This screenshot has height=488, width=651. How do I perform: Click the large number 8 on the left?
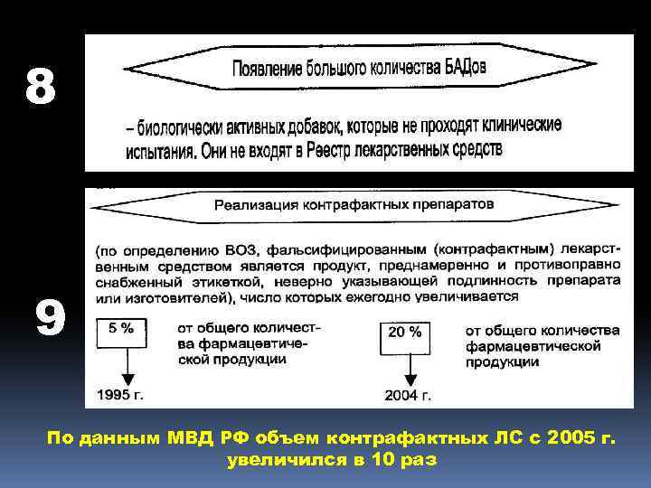pyautogui.click(x=41, y=88)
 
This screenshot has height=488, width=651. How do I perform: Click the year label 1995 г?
pyautogui.click(x=120, y=395)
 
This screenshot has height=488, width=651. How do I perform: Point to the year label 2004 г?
pyautogui.click(x=408, y=395)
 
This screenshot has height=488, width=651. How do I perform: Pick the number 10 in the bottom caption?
pyautogui.click(x=378, y=460)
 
